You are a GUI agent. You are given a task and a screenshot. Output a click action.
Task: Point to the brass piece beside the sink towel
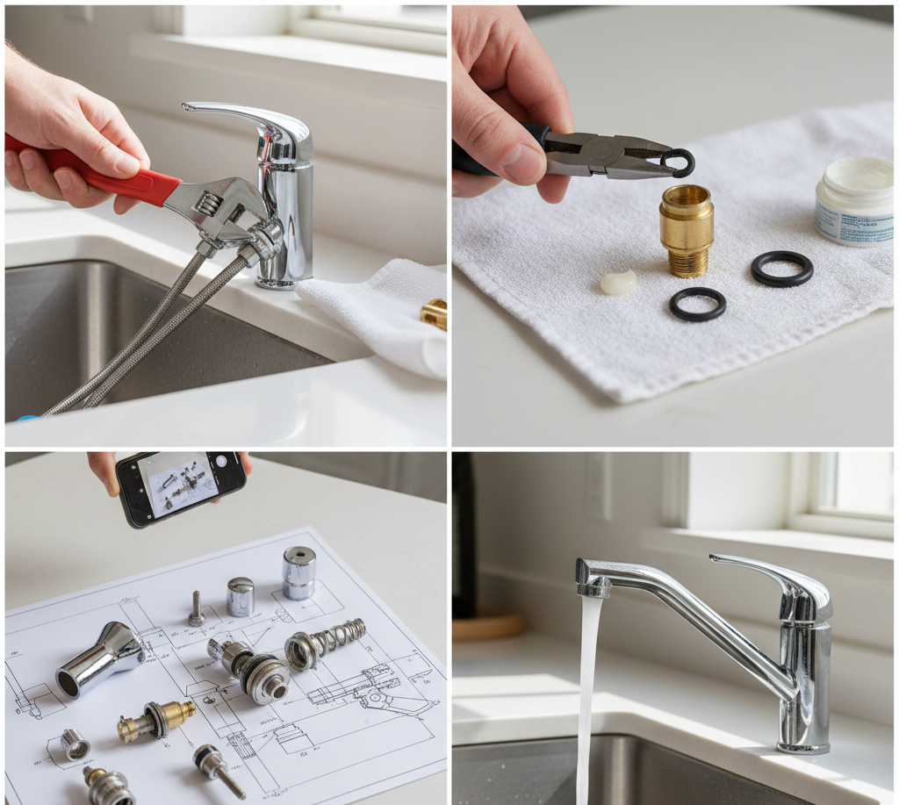(435, 314)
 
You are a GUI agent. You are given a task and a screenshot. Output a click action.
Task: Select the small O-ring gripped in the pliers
(678, 162)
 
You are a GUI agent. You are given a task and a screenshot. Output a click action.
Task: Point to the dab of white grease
(619, 282)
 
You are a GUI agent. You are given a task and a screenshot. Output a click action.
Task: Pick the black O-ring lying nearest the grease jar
(781, 269)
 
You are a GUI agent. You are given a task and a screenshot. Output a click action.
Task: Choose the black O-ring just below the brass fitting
(698, 304)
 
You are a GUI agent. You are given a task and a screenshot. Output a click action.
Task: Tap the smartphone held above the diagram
(181, 486)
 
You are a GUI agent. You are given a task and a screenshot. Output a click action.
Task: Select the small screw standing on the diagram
(196, 608)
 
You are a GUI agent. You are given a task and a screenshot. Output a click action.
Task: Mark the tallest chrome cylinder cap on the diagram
(298, 572)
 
